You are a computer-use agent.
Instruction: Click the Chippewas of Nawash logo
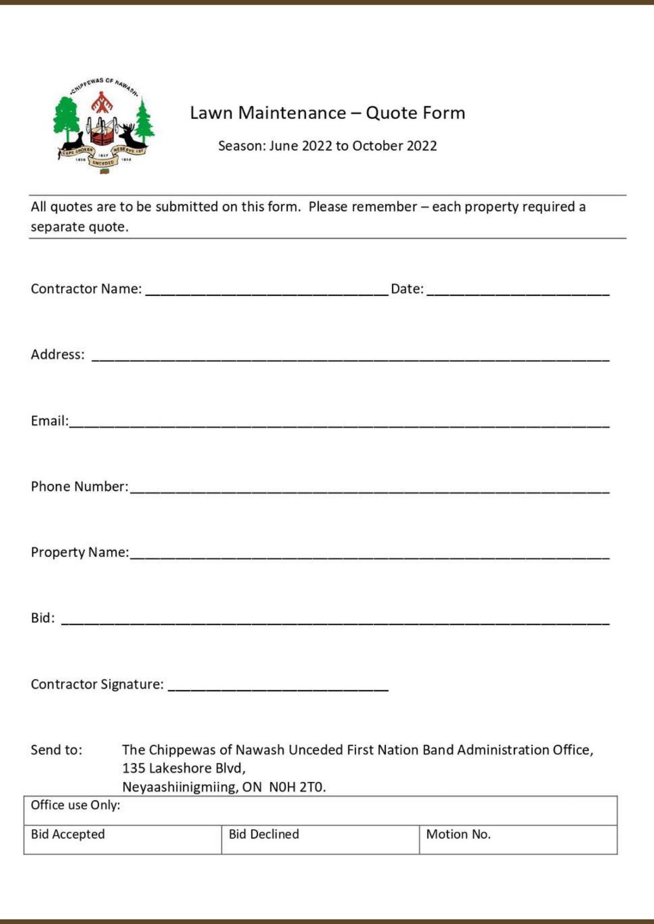[104, 125]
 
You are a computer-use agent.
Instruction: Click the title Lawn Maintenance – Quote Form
[327, 113]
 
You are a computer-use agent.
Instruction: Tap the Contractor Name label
[86, 289]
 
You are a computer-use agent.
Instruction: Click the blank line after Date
[518, 291]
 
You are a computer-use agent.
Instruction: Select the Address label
[57, 354]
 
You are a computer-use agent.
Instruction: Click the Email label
[50, 421]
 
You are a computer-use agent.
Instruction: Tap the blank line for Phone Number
[369, 489]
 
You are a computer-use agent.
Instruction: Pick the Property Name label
[80, 552]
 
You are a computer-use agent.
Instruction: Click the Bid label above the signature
[43, 618]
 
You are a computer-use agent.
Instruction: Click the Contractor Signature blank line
[278, 686]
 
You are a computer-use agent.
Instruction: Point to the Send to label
[56, 750]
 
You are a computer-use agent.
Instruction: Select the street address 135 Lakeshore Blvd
[184, 768]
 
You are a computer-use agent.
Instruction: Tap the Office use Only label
[75, 805]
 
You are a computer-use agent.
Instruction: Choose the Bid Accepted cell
[122, 839]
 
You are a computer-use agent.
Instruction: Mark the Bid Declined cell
[320, 839]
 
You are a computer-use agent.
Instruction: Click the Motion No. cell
[518, 839]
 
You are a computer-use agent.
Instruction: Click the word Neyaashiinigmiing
[179, 787]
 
